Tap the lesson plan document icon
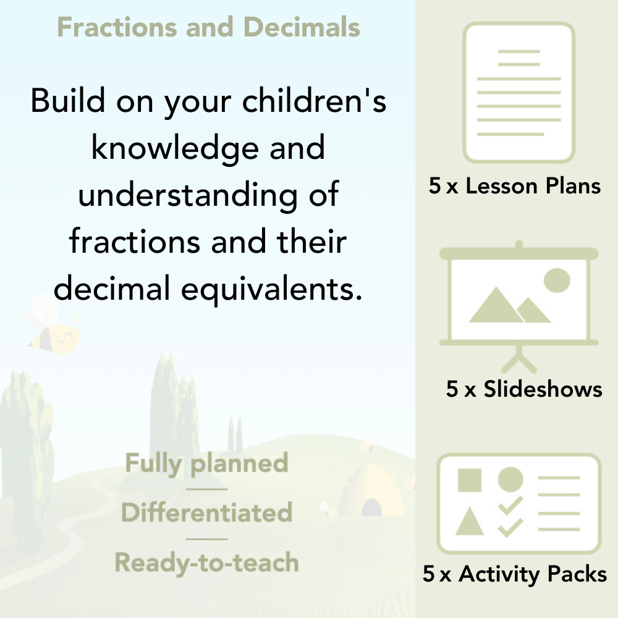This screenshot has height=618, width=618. (x=519, y=92)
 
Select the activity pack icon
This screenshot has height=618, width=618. (x=519, y=504)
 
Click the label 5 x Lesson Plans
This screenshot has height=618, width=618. (x=515, y=186)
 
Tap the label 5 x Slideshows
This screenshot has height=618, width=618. (x=523, y=389)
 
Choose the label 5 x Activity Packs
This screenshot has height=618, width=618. (x=515, y=574)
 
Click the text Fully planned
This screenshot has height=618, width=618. (x=206, y=463)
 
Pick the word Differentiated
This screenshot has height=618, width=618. (x=206, y=513)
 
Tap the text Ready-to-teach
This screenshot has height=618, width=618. (x=206, y=562)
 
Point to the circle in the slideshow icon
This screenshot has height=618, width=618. (x=556, y=280)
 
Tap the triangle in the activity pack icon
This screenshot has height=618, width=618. (x=470, y=522)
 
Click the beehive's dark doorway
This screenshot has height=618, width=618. (x=371, y=508)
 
